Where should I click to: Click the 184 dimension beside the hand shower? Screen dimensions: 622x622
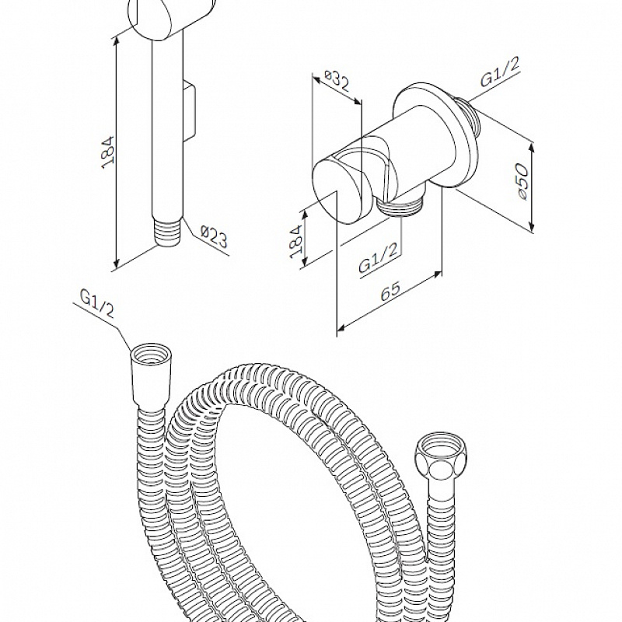pos(108,152)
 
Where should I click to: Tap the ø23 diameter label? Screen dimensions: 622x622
pos(215,236)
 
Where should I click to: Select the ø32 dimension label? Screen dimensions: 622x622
pos(337,81)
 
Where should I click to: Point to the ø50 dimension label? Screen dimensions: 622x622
pos(522,181)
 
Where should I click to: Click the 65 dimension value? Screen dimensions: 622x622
pos(390,292)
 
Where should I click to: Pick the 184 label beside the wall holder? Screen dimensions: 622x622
pos(296,242)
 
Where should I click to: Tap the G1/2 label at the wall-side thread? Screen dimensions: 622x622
pos(499,72)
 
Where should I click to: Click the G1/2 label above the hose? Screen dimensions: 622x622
pos(98,304)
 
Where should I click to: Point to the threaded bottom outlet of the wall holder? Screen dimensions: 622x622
pos(400,206)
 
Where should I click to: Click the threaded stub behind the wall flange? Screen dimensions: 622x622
pos(470,117)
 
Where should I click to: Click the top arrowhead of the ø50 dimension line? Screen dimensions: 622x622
pos(533,147)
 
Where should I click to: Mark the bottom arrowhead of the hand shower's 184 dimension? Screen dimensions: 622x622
pos(116,264)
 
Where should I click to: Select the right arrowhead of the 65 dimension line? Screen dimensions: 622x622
pos(437,274)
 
